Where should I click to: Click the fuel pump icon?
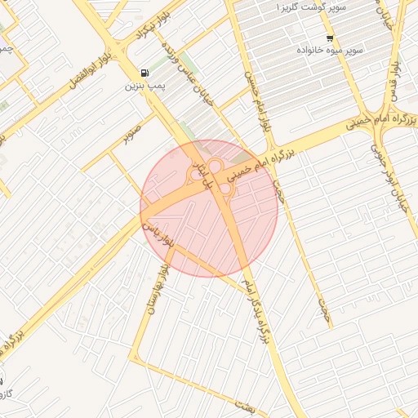145,72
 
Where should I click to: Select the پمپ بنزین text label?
145,85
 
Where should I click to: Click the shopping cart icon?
330,38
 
